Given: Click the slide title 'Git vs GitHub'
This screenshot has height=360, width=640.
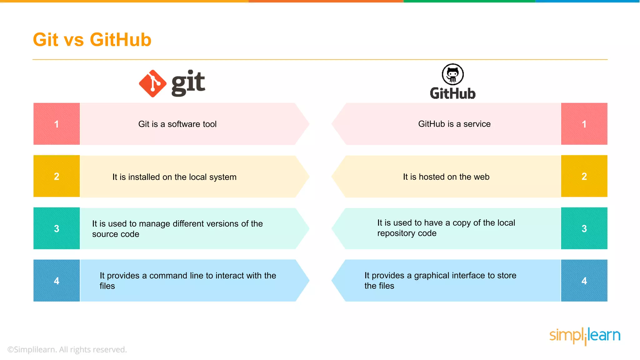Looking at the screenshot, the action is click(x=92, y=40).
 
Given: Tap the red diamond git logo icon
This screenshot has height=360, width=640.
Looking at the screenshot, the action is click(x=152, y=83).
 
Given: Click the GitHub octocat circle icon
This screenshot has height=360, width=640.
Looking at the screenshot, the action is click(x=452, y=74).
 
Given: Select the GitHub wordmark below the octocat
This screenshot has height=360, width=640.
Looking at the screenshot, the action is click(x=452, y=93).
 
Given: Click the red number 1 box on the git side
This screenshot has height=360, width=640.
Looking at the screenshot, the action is click(x=57, y=124).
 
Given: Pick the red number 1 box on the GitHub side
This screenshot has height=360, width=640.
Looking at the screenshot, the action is click(x=584, y=124).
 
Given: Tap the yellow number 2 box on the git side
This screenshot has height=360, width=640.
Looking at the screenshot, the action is click(x=57, y=176).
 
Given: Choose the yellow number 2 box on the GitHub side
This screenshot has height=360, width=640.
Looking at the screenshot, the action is click(x=584, y=176).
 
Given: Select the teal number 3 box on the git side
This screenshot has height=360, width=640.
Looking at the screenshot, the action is click(x=57, y=228).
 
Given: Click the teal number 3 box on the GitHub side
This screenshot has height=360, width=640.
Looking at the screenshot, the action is click(x=584, y=228).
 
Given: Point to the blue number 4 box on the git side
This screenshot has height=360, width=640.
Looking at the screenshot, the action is click(x=57, y=281).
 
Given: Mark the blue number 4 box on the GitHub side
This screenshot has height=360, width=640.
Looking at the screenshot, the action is click(x=584, y=281).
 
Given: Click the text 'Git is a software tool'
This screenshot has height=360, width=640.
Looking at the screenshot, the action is click(x=177, y=124).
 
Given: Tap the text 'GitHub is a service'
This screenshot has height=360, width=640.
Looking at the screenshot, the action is click(x=454, y=124).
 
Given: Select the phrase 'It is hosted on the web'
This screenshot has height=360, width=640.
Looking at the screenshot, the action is click(x=446, y=177).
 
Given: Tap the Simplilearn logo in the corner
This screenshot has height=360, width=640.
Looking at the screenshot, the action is click(x=585, y=336).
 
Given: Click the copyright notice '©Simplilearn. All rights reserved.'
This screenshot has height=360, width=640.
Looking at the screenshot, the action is click(x=67, y=349).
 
